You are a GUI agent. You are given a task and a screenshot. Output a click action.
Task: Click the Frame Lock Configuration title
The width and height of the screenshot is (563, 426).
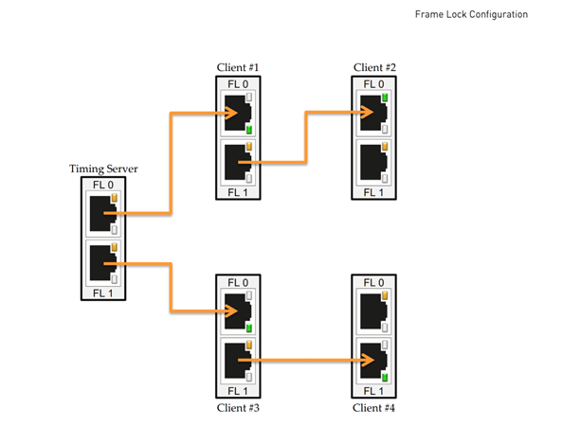471,14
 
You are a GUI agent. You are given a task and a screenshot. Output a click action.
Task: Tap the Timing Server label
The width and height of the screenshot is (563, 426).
103,169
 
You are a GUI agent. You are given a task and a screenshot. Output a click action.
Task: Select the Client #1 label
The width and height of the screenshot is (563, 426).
238,67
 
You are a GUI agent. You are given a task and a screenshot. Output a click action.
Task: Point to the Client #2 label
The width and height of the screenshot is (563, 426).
374,67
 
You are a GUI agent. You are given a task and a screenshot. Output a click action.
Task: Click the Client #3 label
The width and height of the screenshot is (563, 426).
238,408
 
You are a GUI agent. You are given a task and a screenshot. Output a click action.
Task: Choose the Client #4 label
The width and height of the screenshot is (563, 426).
373,408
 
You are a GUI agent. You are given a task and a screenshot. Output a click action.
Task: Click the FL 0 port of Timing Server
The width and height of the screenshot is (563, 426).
103,214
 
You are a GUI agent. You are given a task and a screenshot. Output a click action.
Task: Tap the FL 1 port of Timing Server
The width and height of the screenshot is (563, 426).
103,263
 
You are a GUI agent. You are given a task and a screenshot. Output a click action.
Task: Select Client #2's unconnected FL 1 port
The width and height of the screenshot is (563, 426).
373,162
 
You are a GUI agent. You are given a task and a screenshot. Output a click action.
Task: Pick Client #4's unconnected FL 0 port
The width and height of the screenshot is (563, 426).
373,311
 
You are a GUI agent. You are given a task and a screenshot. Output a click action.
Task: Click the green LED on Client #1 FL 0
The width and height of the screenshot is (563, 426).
249,130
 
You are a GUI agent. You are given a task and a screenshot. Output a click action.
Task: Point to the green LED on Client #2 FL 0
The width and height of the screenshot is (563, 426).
385,97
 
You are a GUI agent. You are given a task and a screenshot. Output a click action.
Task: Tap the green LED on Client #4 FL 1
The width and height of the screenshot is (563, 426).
385,377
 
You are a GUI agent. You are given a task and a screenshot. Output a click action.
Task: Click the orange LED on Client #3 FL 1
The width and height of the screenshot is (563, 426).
249,345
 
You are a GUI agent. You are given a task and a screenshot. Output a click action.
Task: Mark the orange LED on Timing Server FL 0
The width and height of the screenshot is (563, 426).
114,198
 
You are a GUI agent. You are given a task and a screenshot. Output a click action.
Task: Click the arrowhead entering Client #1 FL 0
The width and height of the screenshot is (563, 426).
231,114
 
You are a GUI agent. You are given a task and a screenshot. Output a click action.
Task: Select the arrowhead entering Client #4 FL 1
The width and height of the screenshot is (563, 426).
368,360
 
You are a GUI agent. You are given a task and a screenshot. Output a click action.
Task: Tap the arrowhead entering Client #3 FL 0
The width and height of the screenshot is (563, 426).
231,311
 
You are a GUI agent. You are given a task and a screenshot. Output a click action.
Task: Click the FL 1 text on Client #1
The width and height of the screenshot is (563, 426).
238,192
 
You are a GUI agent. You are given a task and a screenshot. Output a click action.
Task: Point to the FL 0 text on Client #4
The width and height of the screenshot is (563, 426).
373,282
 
